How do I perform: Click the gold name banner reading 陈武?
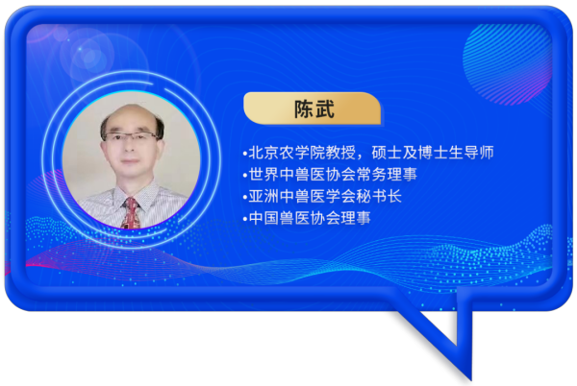point(312,109)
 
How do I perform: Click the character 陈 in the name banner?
point(304,109)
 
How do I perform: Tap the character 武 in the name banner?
point(325,109)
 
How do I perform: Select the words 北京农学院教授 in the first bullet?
point(302,153)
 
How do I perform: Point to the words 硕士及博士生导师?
point(433,153)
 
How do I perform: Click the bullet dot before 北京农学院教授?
point(245,154)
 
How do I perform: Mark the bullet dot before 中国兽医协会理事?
point(245,219)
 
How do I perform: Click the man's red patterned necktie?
point(131,213)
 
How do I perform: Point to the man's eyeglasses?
point(131,137)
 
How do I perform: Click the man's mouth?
point(130,161)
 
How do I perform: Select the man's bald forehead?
point(130,118)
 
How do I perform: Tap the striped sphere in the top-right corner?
point(507,64)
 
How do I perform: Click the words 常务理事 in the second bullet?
point(387,175)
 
